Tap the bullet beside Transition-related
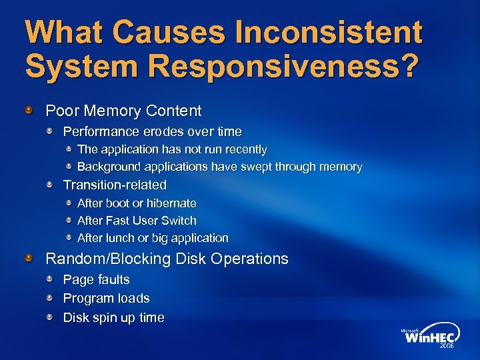pyautogui.click(x=50, y=184)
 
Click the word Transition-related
pyautogui.click(x=115, y=185)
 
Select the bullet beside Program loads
pyautogui.click(x=50, y=297)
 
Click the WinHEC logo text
pyautogui.click(x=429, y=337)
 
